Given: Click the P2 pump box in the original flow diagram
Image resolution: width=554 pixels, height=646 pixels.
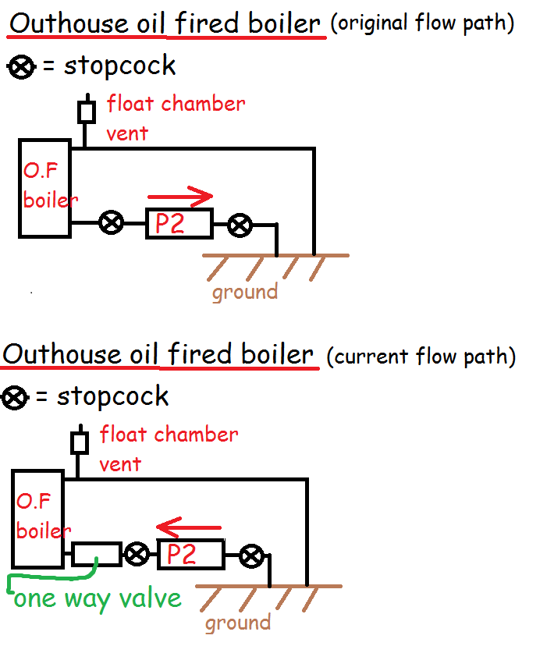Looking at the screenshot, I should click(179, 224).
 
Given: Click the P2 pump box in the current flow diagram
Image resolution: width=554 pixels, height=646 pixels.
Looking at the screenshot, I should click(190, 555).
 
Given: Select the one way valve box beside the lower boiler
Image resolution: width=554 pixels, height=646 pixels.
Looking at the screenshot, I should click(96, 554).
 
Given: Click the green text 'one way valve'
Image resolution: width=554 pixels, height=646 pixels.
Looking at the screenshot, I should click(98, 598).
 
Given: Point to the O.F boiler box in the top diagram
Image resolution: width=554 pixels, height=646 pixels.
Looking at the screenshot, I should click(44, 187).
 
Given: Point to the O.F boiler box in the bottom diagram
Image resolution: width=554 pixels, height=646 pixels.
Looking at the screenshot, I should click(37, 518).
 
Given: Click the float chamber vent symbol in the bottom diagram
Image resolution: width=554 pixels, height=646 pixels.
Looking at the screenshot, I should click(79, 442).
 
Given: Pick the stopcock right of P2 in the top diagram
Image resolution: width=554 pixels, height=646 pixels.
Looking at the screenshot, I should click(240, 226).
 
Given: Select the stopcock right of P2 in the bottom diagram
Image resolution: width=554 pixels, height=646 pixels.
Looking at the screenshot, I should click(250, 556).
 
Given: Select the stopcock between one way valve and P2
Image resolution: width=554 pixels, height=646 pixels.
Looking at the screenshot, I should click(137, 555).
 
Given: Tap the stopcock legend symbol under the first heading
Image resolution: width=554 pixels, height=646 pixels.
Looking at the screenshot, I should click(22, 67).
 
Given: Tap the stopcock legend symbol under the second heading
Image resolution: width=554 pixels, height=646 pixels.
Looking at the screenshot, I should click(16, 399).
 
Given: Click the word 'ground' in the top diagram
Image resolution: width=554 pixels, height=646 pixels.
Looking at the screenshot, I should click(245, 292).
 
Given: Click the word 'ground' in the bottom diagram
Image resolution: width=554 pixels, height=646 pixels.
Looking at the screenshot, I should click(238, 623).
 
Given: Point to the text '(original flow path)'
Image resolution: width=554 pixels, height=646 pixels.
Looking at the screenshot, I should click(422, 23).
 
